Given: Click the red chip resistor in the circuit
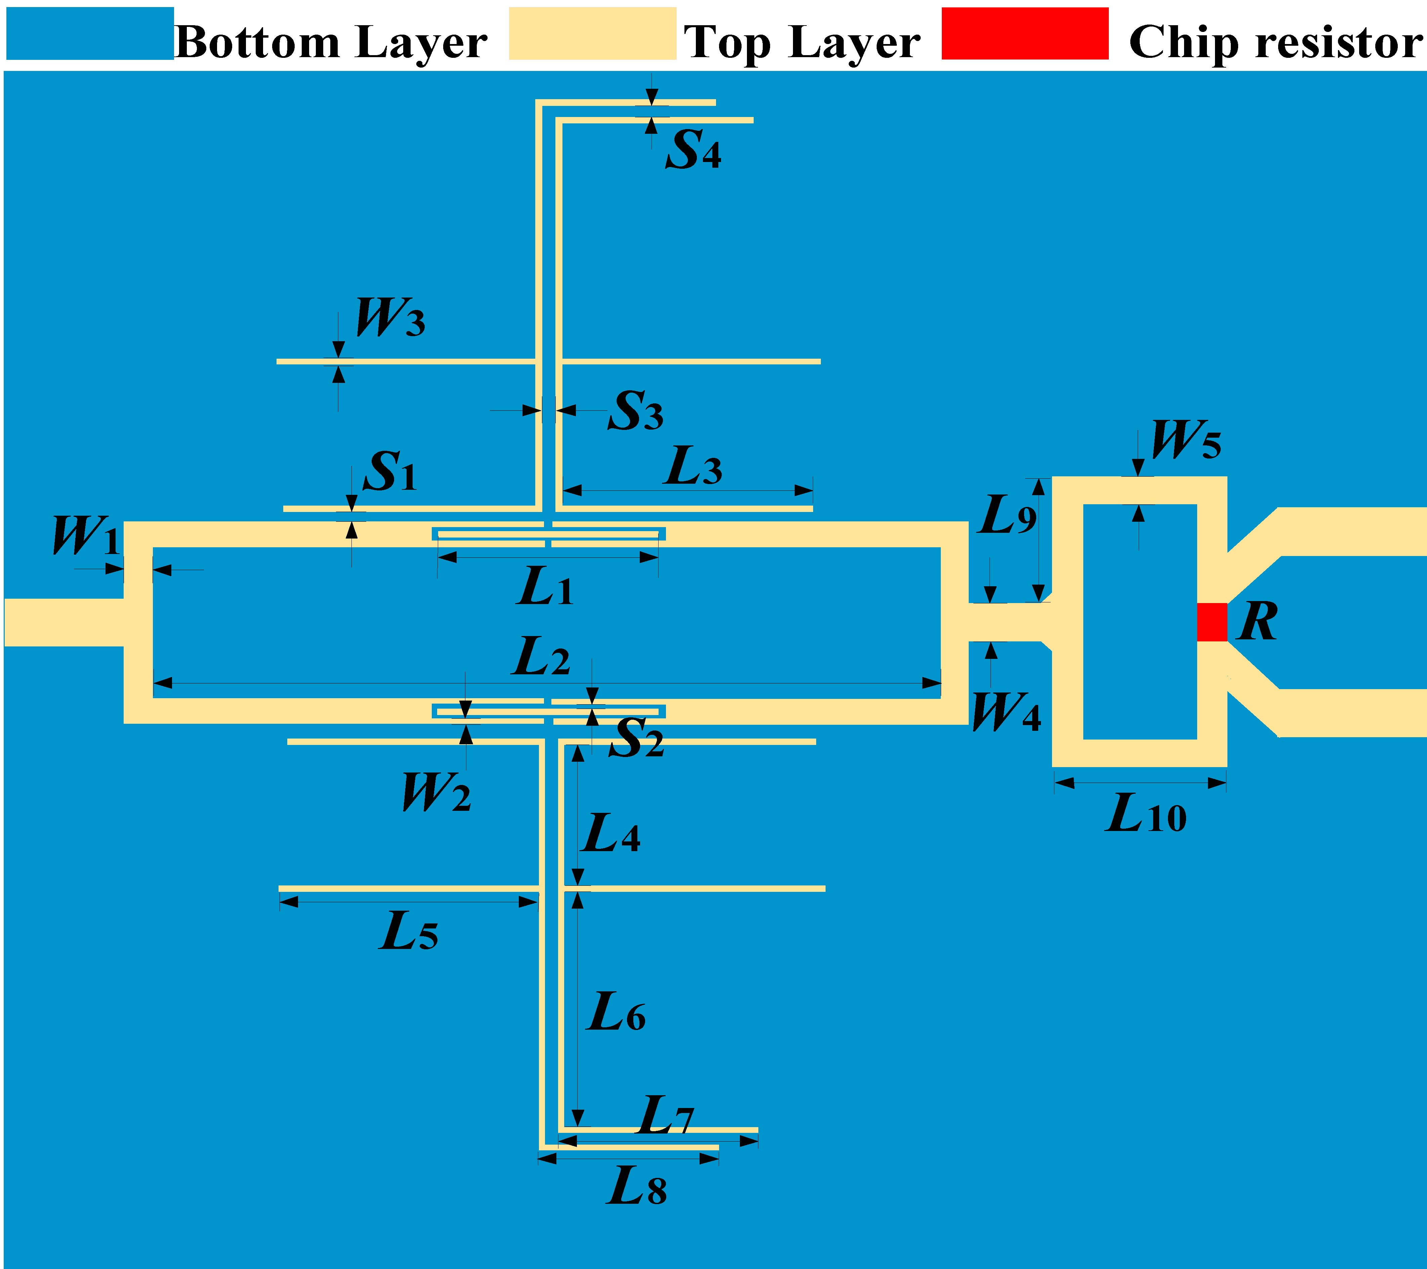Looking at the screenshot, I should pyautogui.click(x=1212, y=622).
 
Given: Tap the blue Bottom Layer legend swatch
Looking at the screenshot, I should pyautogui.click(x=89, y=34).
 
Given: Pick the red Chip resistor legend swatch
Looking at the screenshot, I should pyautogui.click(x=1025, y=34).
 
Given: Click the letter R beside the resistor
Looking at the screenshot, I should pyautogui.click(x=1257, y=622).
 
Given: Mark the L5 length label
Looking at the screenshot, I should pyautogui.click(x=409, y=932).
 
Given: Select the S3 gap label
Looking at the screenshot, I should pyautogui.click(x=635, y=411).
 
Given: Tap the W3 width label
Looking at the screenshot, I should pyautogui.click(x=389, y=318).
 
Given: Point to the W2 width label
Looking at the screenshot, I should pyautogui.click(x=436, y=793).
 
